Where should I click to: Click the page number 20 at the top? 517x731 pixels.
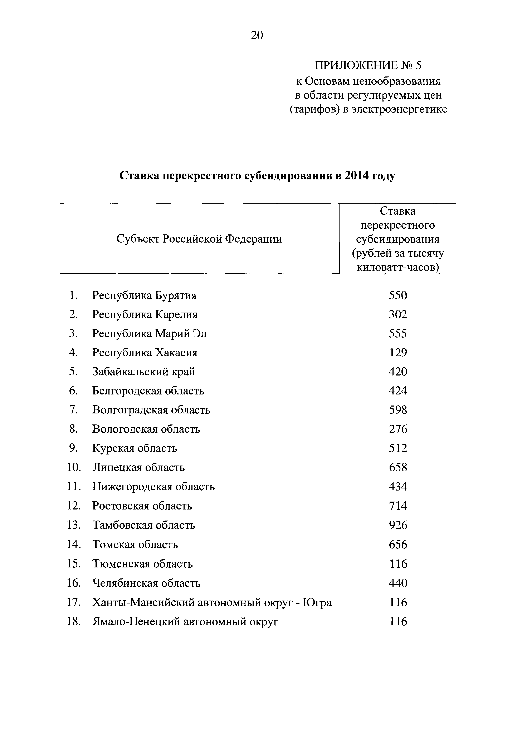pos(257,35)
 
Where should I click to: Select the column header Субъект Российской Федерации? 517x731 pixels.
pos(199,238)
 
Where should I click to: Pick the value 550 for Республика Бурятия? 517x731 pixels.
pos(398,295)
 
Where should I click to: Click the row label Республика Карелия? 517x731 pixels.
pos(145,315)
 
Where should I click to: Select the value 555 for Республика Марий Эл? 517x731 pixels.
pos(398,334)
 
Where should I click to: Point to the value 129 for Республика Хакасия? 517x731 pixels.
pos(398,353)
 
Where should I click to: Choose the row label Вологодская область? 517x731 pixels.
pos(146,429)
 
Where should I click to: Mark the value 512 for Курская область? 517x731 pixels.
pos(398,448)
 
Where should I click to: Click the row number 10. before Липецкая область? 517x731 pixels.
pos(74,467)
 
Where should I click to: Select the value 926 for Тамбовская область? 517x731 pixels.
pos(398,525)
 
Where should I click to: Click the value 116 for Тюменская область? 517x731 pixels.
pos(398,564)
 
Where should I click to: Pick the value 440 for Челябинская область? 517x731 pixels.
pos(398,583)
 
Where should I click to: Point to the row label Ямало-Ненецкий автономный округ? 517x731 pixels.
pos(185,621)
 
